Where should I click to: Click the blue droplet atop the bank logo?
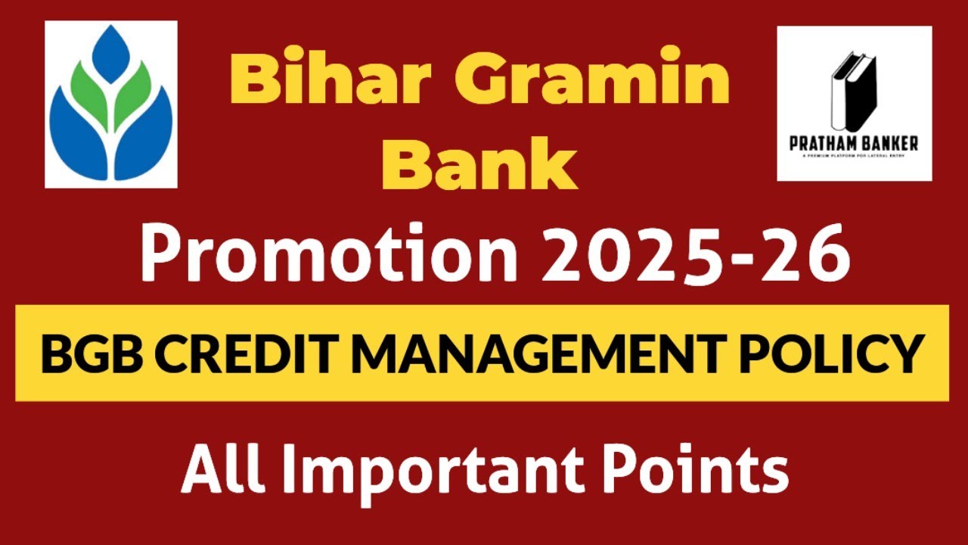tap(111, 53)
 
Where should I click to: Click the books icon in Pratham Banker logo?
tap(852, 91)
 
